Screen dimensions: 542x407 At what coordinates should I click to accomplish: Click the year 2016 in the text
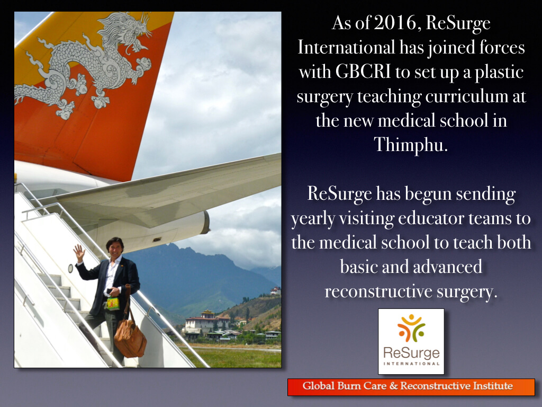pyautogui.click(x=395, y=23)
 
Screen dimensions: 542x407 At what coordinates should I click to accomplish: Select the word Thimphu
pyautogui.click(x=410, y=145)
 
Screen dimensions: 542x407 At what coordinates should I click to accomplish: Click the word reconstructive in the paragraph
pyautogui.click(x=378, y=291)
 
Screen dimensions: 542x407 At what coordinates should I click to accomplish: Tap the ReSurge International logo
pyautogui.click(x=411, y=341)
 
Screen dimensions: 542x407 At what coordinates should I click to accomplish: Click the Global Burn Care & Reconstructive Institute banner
pyautogui.click(x=411, y=386)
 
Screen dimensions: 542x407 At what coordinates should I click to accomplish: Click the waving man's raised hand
pyautogui.click(x=79, y=253)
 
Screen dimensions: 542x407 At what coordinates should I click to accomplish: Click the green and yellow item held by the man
pyautogui.click(x=113, y=304)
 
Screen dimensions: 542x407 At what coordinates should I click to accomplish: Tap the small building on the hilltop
pyautogui.click(x=275, y=291)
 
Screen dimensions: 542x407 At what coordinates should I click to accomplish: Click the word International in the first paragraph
pyautogui.click(x=346, y=47)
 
